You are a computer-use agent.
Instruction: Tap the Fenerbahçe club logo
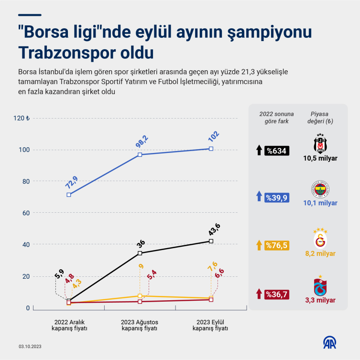click(320, 190)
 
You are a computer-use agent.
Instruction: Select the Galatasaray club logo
click(320, 237)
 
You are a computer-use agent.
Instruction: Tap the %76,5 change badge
click(277, 245)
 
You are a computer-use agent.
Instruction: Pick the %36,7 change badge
click(277, 293)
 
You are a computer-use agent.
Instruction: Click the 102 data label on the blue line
click(213, 136)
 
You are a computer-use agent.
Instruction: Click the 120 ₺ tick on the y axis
click(22, 118)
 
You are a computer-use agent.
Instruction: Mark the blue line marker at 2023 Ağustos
click(140, 154)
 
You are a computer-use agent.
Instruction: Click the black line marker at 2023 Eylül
click(211, 241)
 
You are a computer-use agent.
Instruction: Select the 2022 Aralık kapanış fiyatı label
click(69, 325)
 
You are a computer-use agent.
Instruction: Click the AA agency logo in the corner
click(330, 343)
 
